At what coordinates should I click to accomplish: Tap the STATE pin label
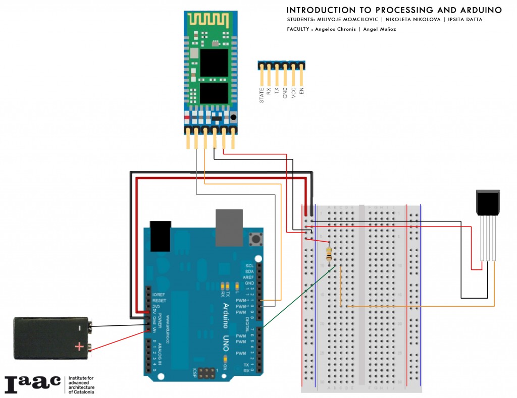pos(262,95)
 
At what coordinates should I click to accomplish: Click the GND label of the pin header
pos(285,93)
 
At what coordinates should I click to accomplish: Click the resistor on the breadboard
pos(330,254)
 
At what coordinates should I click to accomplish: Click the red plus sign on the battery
pos(79,347)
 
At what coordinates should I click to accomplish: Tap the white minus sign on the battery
pos(79,328)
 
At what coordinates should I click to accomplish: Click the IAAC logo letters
pos(32,384)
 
